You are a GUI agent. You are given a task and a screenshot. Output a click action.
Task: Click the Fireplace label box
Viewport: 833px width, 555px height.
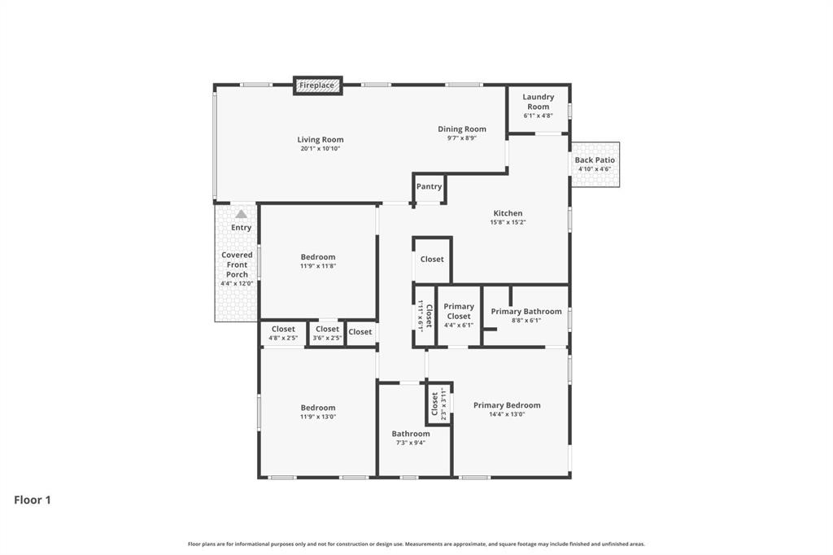tap(317, 85)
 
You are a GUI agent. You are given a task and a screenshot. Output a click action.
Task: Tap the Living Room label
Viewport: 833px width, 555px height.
tap(321, 139)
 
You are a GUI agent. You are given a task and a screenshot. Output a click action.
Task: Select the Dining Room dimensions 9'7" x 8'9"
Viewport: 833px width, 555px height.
tap(461, 138)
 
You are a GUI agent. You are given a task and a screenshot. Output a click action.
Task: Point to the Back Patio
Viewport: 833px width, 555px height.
tap(595, 164)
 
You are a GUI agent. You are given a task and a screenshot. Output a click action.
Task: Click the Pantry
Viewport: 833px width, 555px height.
tap(429, 187)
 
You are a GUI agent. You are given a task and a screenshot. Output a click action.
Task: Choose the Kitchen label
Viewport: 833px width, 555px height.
tap(508, 213)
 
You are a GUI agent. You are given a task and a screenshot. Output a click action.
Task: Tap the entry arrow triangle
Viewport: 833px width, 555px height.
tap(241, 214)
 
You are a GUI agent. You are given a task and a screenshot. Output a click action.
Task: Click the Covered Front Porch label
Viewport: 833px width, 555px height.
tap(237, 264)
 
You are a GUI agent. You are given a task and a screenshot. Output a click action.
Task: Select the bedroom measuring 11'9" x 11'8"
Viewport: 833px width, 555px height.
tap(317, 261)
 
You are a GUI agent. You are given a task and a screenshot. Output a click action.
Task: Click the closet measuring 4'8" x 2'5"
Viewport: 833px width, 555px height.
tap(283, 334)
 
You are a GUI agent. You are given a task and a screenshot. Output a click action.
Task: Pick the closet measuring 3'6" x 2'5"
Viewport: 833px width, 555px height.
tap(327, 334)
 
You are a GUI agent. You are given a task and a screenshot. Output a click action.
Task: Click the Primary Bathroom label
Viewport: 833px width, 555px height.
tap(526, 312)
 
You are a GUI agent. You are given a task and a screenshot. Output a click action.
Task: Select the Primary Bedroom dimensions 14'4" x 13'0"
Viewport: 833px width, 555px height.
tap(507, 414)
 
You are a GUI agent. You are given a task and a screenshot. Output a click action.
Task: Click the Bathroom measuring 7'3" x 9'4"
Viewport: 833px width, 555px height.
tap(410, 438)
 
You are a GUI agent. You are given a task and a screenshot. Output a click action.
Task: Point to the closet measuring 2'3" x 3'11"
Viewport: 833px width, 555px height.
tap(438, 403)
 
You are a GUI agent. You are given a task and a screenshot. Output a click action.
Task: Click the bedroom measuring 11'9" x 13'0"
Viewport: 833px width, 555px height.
tap(317, 412)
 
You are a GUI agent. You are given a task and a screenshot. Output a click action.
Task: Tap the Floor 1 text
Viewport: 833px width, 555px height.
tap(33, 500)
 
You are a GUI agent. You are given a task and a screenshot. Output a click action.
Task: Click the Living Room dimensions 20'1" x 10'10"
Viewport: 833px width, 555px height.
tap(321, 149)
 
